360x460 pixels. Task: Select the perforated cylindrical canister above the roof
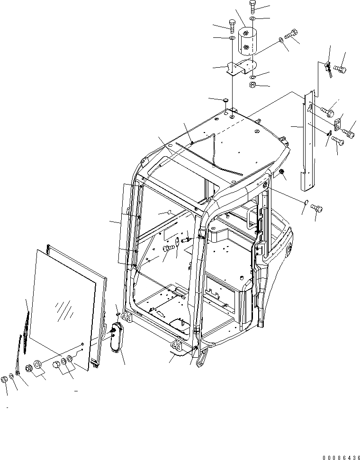click(x=246, y=42)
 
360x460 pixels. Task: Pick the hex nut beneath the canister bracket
click(x=253, y=85)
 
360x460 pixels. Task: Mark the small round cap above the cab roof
click(x=226, y=100)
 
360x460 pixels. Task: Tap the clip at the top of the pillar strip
click(x=326, y=67)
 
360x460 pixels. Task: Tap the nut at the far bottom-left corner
click(x=5, y=379)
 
